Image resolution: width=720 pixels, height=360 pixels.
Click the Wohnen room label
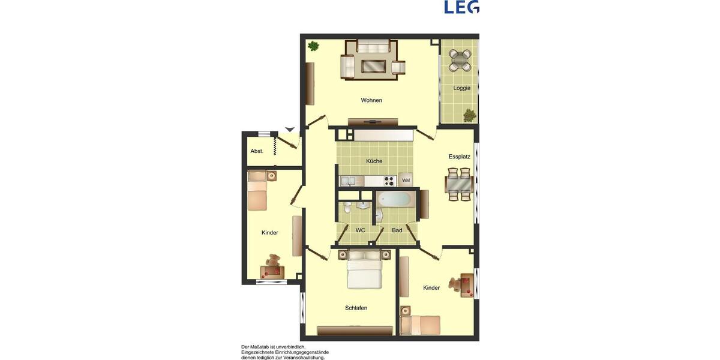[x=371, y=100]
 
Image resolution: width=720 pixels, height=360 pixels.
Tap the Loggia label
[x=461, y=88]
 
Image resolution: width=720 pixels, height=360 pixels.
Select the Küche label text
[x=374, y=161]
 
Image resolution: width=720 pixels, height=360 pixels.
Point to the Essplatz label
[x=459, y=157]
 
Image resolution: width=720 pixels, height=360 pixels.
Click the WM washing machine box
[x=406, y=180]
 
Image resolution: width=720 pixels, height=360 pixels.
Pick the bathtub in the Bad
[x=395, y=199]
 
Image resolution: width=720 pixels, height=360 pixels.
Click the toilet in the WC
[x=347, y=208]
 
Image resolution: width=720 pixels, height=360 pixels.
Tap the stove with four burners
[x=389, y=180]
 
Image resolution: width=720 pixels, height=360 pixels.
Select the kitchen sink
[x=348, y=181]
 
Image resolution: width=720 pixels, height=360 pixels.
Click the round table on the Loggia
[x=460, y=59]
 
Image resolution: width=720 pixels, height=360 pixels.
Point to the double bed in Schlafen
[x=365, y=269]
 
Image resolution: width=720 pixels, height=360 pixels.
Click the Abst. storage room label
[x=257, y=151]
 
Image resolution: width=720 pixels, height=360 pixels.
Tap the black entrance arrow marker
[x=290, y=129]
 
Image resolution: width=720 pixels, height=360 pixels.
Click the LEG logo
[x=461, y=7]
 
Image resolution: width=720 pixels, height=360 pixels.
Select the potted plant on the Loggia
[x=469, y=113]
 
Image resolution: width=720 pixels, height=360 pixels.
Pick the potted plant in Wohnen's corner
[x=313, y=46]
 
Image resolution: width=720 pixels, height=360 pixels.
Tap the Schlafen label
[x=356, y=308]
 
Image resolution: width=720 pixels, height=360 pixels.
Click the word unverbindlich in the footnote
[x=291, y=347]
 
